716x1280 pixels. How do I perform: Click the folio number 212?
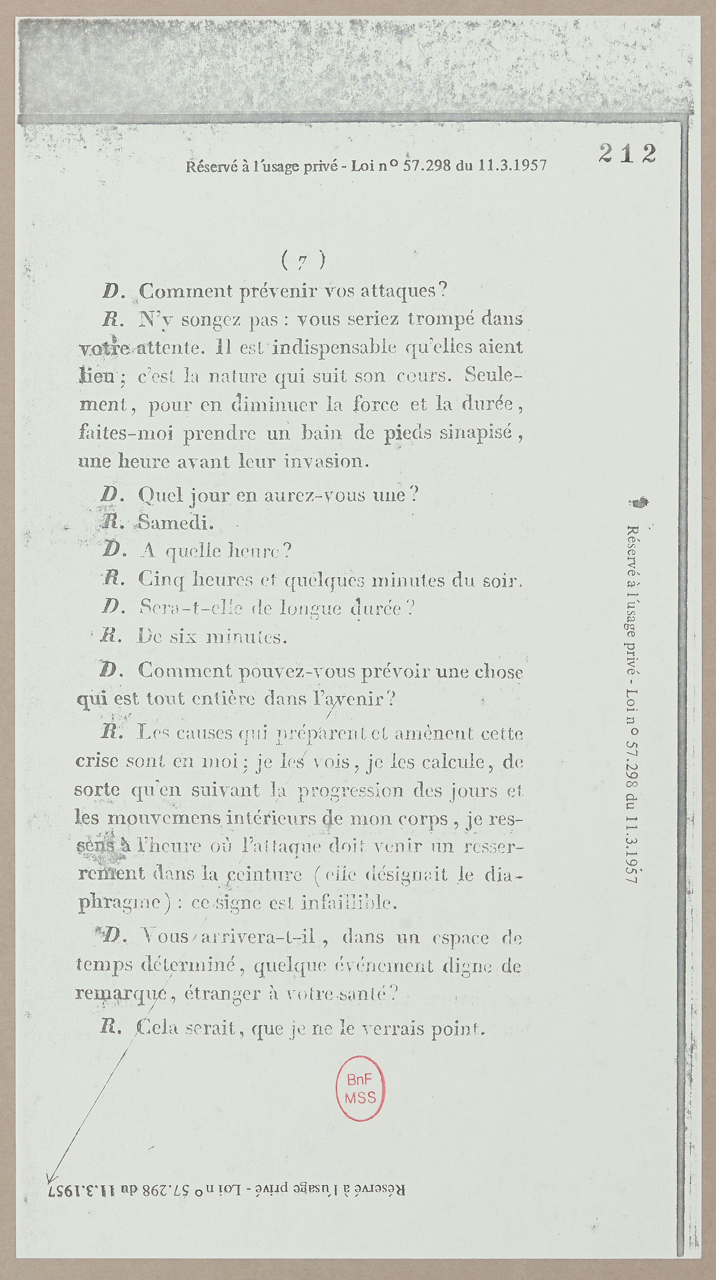click(627, 153)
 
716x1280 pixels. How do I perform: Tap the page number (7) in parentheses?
click(303, 260)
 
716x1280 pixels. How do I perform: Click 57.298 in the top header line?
click(426, 165)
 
